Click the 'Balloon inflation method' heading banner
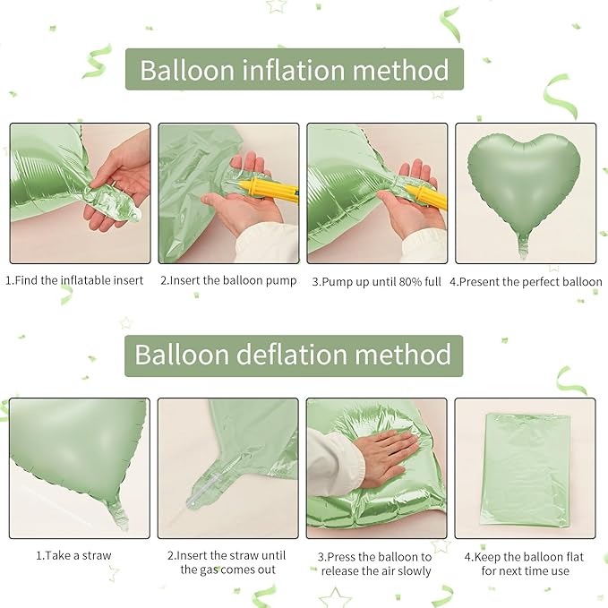coord(294,69)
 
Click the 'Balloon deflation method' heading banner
coord(294,355)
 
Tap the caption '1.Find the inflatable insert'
coord(75,280)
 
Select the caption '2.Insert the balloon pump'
coord(228,280)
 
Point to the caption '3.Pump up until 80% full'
coord(377,281)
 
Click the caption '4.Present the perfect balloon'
coord(526,281)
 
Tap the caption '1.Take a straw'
coord(73,555)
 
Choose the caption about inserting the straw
coord(227,562)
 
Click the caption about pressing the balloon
coord(377,563)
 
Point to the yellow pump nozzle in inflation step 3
coord(426,194)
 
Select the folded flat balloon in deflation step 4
coord(525,467)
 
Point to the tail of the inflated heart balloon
coord(523,244)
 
